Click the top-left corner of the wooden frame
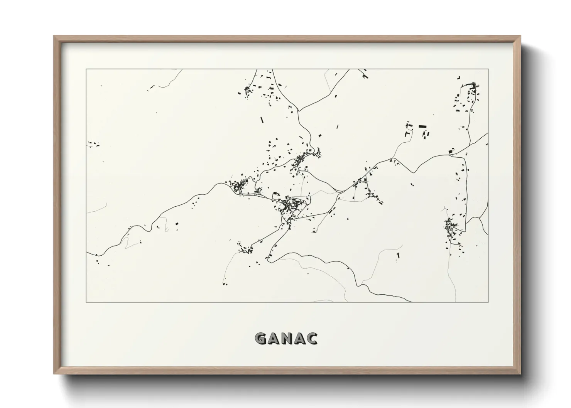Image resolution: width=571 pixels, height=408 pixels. (54, 37)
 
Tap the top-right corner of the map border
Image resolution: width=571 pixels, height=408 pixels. (488, 69)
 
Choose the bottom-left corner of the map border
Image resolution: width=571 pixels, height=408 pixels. (86, 302)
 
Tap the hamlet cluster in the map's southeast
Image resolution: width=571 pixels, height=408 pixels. (451, 229)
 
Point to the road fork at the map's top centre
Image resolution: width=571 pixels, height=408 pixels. (299, 111)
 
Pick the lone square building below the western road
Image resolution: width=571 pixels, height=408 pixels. (177, 224)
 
